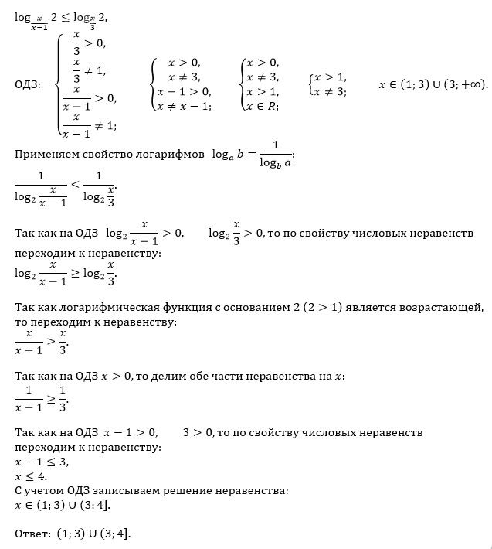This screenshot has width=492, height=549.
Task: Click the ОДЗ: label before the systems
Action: (29, 84)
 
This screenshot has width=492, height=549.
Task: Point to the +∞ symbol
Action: (470, 84)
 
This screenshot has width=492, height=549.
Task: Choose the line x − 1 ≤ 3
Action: (42, 462)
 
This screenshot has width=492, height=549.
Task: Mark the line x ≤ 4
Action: (32, 476)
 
